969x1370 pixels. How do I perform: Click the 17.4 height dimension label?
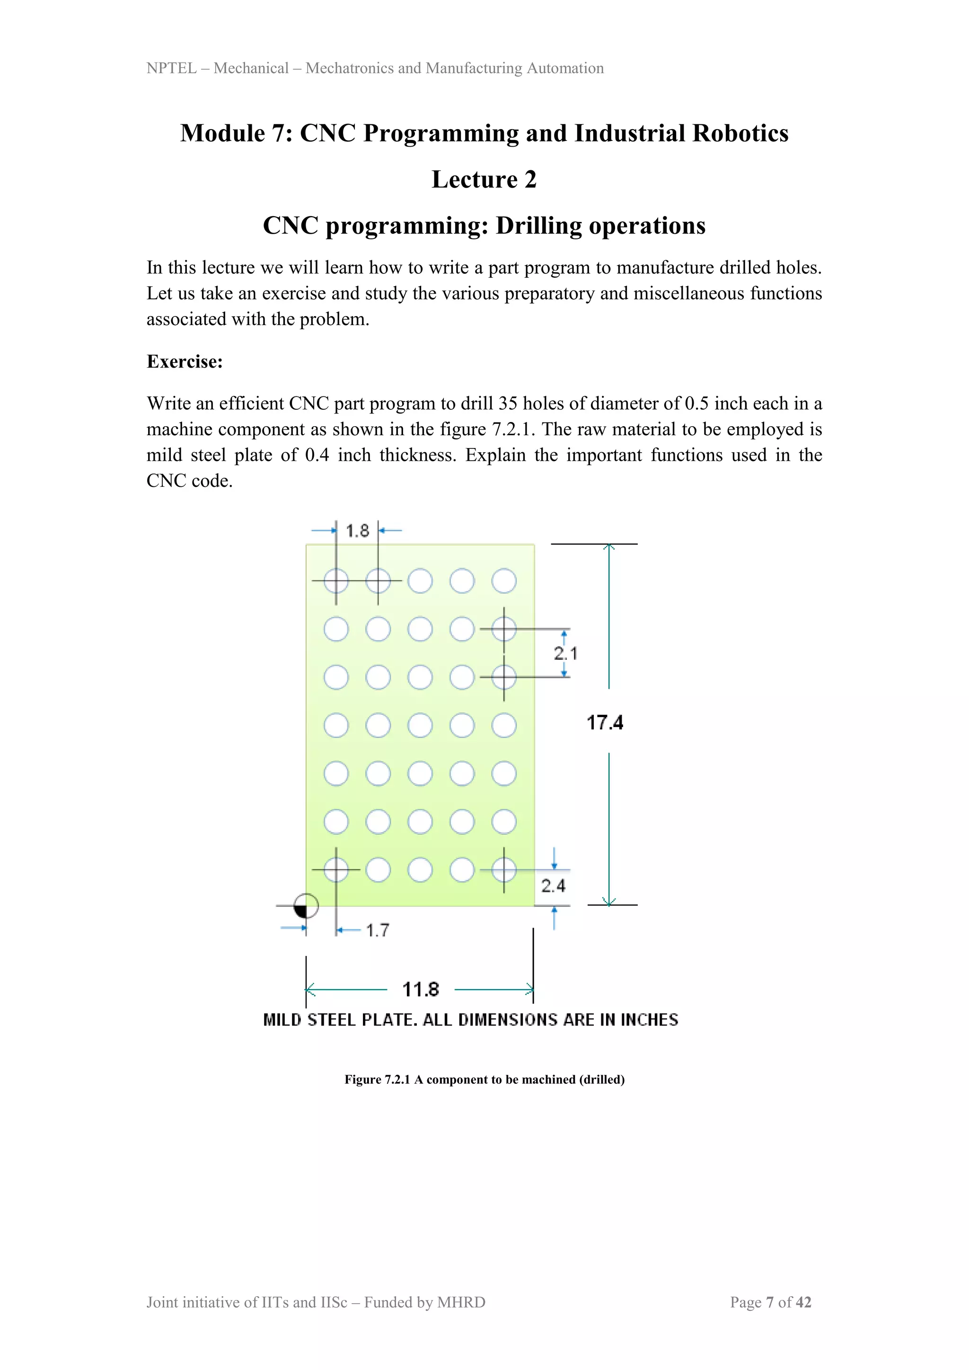(604, 722)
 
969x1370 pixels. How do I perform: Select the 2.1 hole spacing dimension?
(565, 653)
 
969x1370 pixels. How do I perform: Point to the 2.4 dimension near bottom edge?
(553, 886)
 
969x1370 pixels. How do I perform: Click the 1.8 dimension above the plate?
(357, 530)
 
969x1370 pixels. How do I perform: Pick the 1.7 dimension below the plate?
(377, 930)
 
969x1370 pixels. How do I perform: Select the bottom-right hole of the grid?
(504, 870)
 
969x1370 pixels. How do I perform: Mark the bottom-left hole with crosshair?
(336, 870)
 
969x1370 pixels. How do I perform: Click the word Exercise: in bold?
(185, 361)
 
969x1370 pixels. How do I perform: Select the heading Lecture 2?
(484, 180)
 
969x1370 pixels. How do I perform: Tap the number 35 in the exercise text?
(508, 404)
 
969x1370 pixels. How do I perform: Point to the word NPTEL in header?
(171, 69)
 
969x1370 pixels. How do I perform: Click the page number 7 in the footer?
(770, 1302)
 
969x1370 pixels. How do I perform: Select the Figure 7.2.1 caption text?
(484, 1080)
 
